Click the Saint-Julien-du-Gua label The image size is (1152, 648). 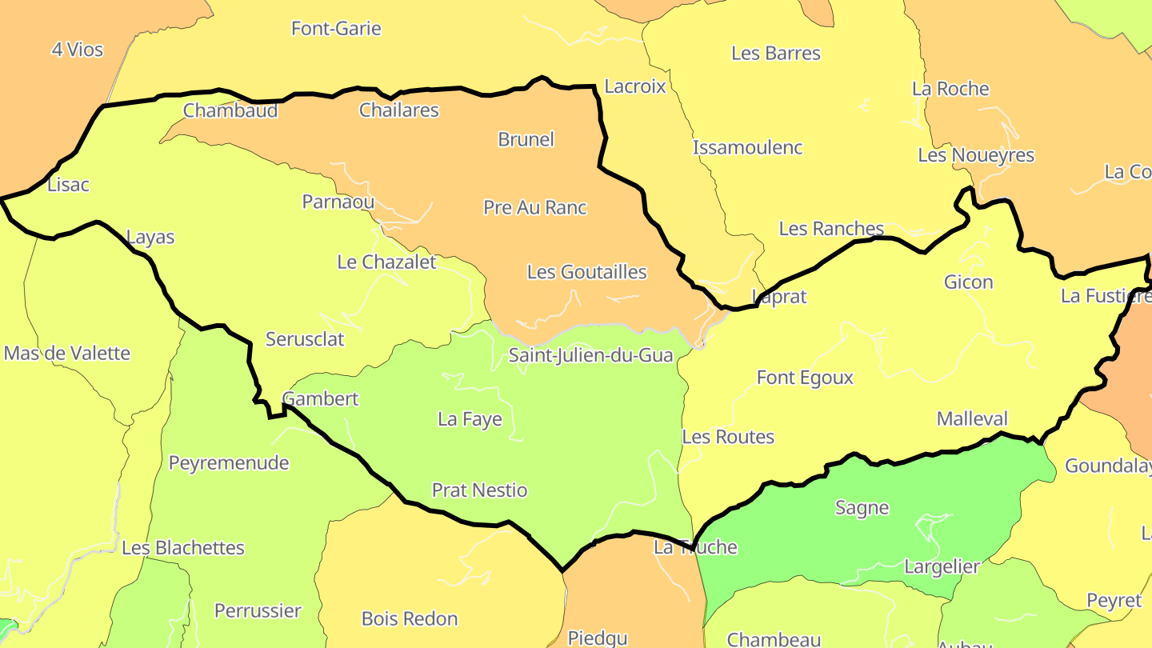tap(590, 355)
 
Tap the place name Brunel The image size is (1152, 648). tap(526, 139)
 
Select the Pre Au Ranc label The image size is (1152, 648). tap(534, 208)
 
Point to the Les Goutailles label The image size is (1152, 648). tap(586, 272)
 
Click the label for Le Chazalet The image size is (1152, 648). tap(386, 262)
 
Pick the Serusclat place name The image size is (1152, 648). tap(305, 339)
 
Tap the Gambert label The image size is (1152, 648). tap(321, 398)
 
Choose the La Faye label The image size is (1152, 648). tap(470, 419)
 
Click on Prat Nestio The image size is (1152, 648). tap(479, 490)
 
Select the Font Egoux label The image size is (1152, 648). tap(805, 378)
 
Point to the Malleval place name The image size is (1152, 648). tap(972, 419)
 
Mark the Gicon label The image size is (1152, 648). tap(968, 282)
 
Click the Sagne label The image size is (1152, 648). tap(862, 508)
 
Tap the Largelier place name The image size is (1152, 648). tap(942, 567)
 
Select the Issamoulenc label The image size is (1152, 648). tap(747, 148)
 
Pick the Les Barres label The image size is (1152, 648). tap(775, 54)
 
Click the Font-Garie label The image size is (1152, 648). tap(336, 29)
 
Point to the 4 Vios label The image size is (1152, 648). tap(78, 50)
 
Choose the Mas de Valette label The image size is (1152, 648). tap(66, 354)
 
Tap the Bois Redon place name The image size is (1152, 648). tap(410, 619)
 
